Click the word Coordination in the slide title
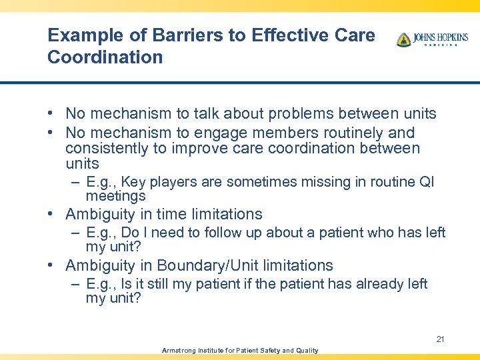tap(105, 57)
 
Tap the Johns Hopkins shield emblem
tap(403, 40)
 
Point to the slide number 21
tap(440, 339)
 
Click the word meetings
tap(115, 196)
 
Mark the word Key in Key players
tap(133, 182)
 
